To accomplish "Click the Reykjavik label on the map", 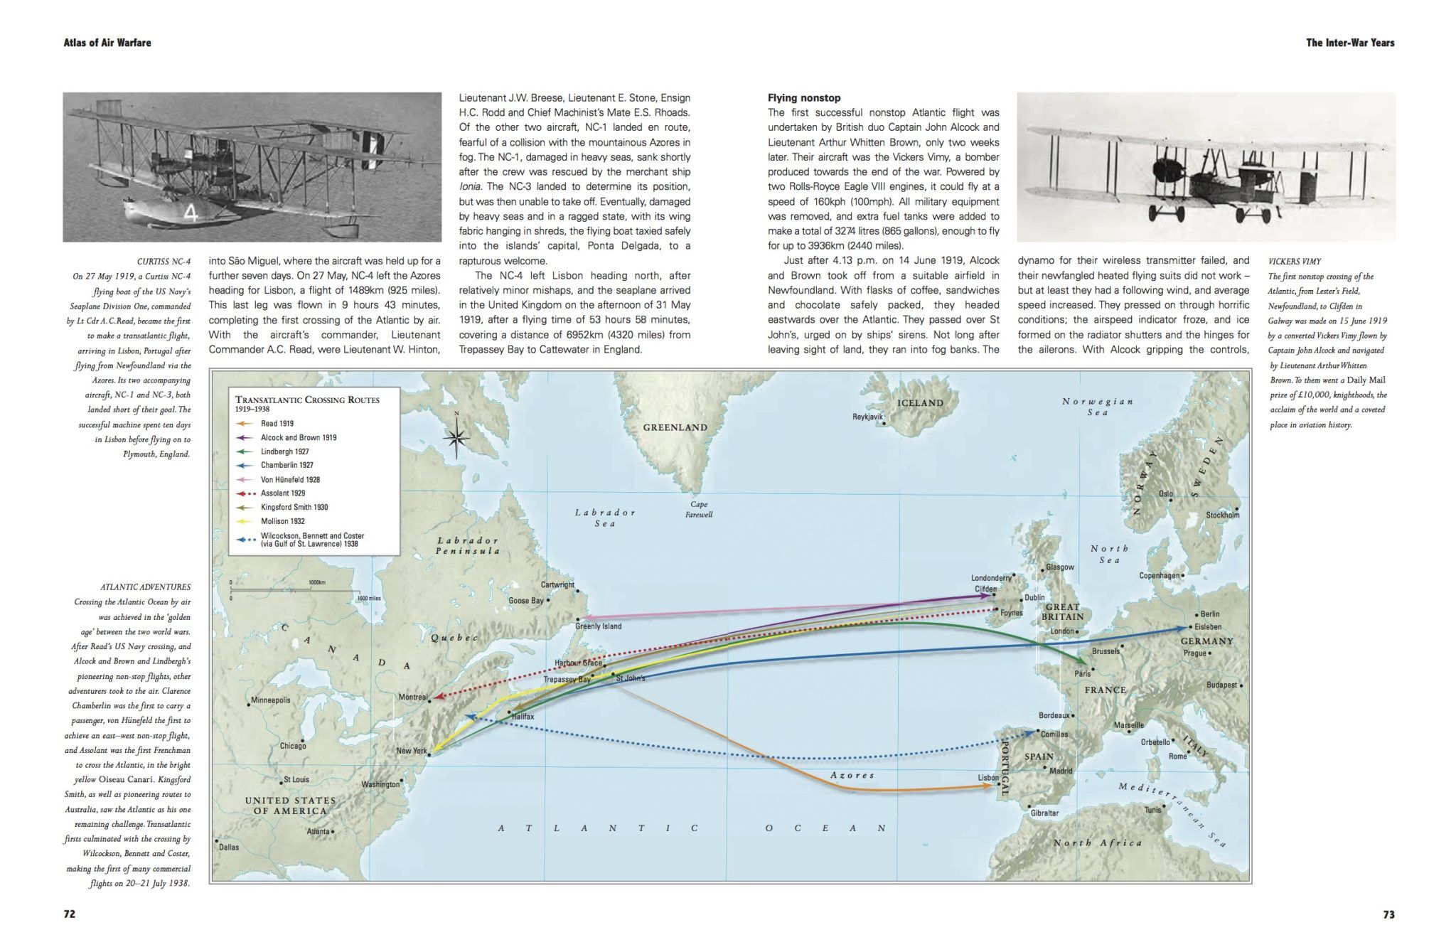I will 867,417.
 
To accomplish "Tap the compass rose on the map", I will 455,438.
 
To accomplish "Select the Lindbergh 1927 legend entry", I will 284,451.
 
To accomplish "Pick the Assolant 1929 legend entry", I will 282,493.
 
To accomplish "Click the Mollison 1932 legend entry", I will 282,521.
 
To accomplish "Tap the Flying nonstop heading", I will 804,97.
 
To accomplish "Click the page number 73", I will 1388,914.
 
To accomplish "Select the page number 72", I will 70,914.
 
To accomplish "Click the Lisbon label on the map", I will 987,778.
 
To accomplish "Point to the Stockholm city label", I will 1222,515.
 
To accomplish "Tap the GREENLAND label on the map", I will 675,427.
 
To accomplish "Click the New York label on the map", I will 411,751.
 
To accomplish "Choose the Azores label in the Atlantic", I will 852,775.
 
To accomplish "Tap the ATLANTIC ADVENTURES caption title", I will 145,587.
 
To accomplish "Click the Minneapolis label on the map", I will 271,700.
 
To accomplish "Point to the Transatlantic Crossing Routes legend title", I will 307,400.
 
